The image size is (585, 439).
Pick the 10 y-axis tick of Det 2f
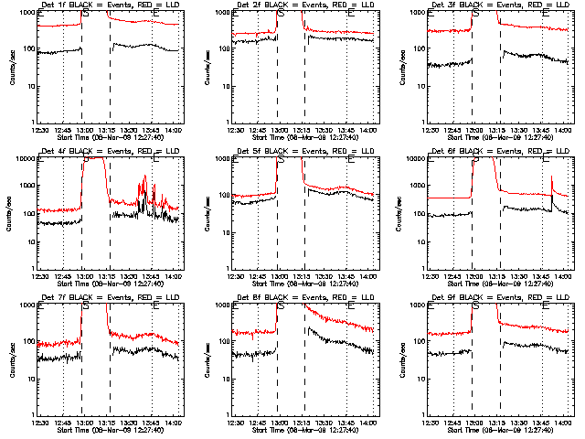coord(223,86)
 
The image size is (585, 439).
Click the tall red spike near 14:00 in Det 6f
coord(552,179)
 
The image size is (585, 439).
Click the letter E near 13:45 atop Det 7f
coord(155,306)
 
